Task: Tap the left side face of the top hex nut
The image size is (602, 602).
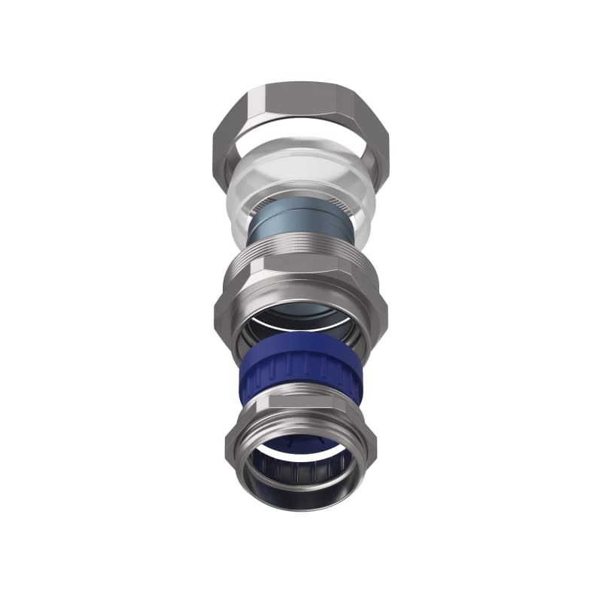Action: [226, 143]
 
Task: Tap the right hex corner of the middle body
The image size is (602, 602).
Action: [384, 305]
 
